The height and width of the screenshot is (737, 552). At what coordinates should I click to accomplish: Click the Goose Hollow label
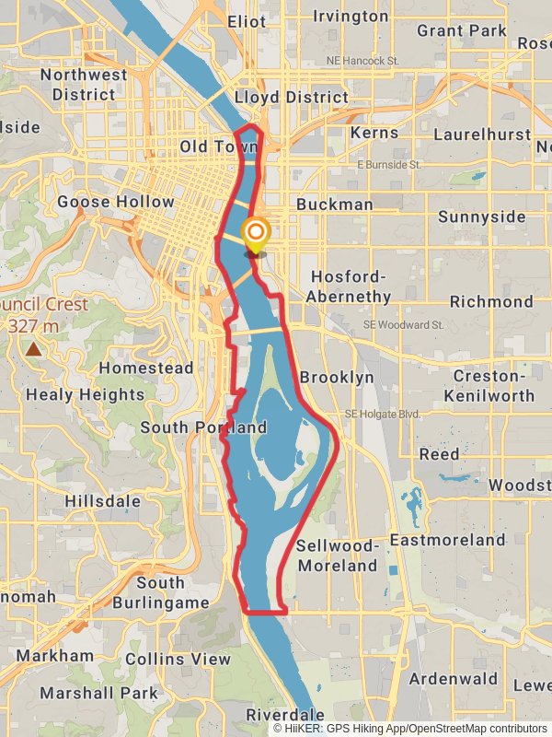115,202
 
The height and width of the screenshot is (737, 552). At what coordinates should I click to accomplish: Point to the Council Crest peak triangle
34,349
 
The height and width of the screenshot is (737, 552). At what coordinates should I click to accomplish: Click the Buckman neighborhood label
335,205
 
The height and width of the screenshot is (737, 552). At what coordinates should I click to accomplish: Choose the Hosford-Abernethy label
351,287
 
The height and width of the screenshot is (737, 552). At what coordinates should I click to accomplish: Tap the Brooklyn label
337,377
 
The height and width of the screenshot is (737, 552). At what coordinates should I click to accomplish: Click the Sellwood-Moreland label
337,556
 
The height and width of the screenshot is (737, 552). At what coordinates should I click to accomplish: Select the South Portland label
203,427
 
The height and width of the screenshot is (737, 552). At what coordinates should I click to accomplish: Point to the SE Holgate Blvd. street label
382,415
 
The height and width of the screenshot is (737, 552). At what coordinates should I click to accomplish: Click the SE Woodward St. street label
403,325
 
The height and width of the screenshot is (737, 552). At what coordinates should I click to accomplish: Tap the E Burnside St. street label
388,165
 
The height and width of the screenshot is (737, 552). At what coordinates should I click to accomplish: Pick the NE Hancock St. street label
362,61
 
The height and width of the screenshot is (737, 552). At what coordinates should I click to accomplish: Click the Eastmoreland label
447,539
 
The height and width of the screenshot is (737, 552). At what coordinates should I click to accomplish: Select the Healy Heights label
86,394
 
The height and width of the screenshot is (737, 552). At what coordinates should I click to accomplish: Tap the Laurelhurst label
482,135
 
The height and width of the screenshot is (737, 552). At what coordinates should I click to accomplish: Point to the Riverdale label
285,715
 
